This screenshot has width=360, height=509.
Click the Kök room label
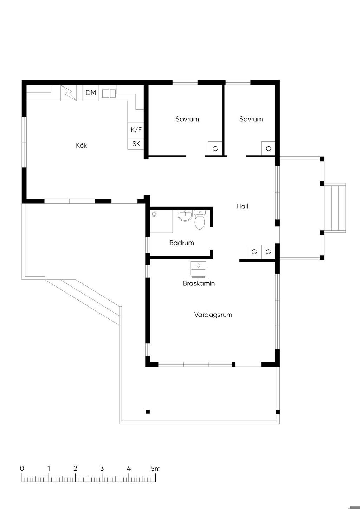81,146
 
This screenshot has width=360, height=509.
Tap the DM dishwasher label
91,93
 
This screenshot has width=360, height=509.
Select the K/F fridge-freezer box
136,130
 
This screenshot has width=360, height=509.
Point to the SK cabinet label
136,144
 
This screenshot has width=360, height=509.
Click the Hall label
242,206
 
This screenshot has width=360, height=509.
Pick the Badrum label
182,243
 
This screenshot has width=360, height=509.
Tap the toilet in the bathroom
200,219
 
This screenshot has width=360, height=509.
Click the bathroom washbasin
185,215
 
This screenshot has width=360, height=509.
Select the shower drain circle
155,214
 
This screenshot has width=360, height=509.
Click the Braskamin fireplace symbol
198,269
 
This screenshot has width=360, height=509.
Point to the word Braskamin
199,283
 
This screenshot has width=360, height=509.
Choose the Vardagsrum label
213,315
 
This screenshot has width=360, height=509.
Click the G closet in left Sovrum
215,149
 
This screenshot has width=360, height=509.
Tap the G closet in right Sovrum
268,149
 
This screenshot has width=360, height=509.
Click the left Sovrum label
187,119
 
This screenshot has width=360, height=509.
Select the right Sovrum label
251,119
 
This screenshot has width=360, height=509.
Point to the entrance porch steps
335,208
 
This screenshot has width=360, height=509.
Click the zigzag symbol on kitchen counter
69,93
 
